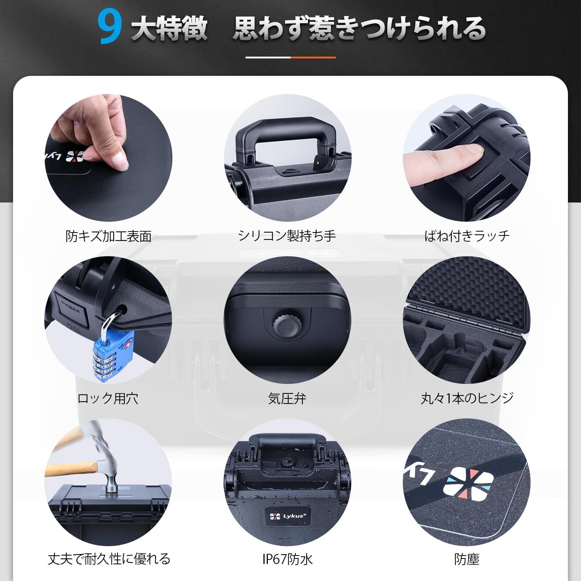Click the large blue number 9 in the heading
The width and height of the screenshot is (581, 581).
109,28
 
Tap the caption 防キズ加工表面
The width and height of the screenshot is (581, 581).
109,236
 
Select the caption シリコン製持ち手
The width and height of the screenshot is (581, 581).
287,236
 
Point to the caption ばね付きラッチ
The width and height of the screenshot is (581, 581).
467,236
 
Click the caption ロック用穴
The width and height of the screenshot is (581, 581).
108,398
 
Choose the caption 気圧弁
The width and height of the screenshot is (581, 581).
287,398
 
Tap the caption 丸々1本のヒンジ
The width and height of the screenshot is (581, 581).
467,398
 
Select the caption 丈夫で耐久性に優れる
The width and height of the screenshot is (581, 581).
109,559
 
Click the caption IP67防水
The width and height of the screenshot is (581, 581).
287,559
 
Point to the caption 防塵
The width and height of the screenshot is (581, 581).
467,559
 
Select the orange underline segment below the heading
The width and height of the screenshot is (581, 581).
313,57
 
